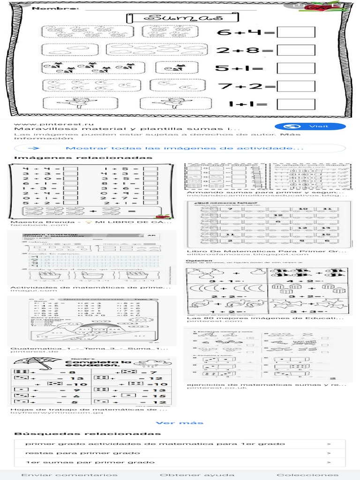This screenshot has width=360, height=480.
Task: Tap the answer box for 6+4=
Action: [x=296, y=33]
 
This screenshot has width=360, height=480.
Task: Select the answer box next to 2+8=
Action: [x=296, y=51]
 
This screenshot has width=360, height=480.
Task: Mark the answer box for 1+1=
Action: [x=296, y=105]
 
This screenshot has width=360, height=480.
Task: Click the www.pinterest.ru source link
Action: [x=44, y=123]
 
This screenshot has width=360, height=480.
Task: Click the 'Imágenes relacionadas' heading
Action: [x=83, y=157]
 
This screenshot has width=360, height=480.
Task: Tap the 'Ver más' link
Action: [x=180, y=423]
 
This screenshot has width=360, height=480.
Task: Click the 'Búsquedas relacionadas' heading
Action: [x=88, y=434]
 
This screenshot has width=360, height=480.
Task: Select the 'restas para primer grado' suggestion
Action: [x=82, y=453]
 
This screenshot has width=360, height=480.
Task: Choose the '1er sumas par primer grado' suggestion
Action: [x=90, y=462]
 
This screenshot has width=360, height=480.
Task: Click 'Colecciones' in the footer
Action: [x=307, y=475]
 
